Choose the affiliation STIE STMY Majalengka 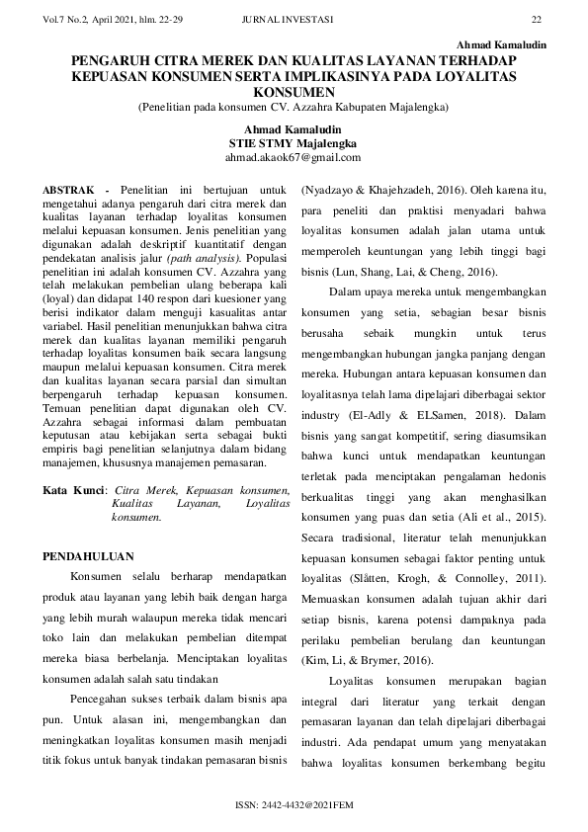[293, 143]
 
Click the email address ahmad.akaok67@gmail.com [293, 157]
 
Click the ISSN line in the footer [294, 805]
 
